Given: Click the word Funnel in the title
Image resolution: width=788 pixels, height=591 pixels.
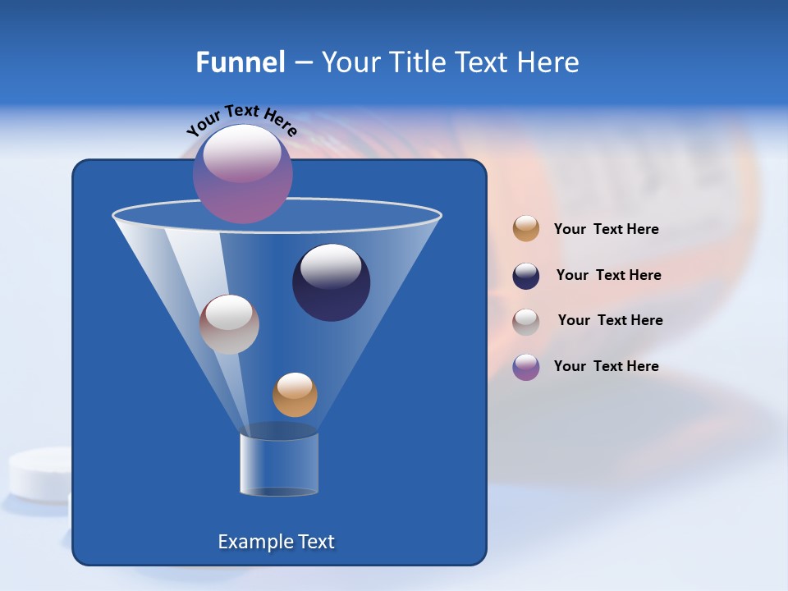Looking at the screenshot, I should (x=240, y=62).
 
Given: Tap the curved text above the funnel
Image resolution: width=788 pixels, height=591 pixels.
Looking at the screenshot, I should (x=241, y=120).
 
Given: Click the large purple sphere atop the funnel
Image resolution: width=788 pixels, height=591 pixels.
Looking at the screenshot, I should (x=242, y=173).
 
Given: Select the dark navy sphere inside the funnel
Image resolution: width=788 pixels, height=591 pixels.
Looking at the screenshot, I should (x=331, y=282).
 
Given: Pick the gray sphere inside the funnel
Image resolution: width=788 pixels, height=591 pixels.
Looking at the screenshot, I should (x=229, y=324).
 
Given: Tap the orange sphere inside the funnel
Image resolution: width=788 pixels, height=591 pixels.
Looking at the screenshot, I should (x=295, y=395).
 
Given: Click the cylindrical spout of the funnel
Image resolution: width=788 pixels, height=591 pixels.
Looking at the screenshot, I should (x=279, y=464).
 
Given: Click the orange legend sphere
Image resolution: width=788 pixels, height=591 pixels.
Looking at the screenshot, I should (x=526, y=229).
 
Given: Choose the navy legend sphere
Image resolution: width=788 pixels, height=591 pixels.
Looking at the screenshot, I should (x=526, y=276).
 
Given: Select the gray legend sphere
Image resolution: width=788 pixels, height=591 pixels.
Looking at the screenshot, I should (x=526, y=322).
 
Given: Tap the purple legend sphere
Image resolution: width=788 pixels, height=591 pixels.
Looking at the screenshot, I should (x=526, y=367).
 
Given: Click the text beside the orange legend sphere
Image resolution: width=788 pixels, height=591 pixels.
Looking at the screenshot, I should (x=606, y=230).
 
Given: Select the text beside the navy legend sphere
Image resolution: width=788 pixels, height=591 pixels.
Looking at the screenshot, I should (x=608, y=276).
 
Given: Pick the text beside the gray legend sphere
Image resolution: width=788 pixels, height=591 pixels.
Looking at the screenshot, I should (x=610, y=321).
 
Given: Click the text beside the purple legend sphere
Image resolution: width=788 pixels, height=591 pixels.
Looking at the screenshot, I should (x=606, y=366).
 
